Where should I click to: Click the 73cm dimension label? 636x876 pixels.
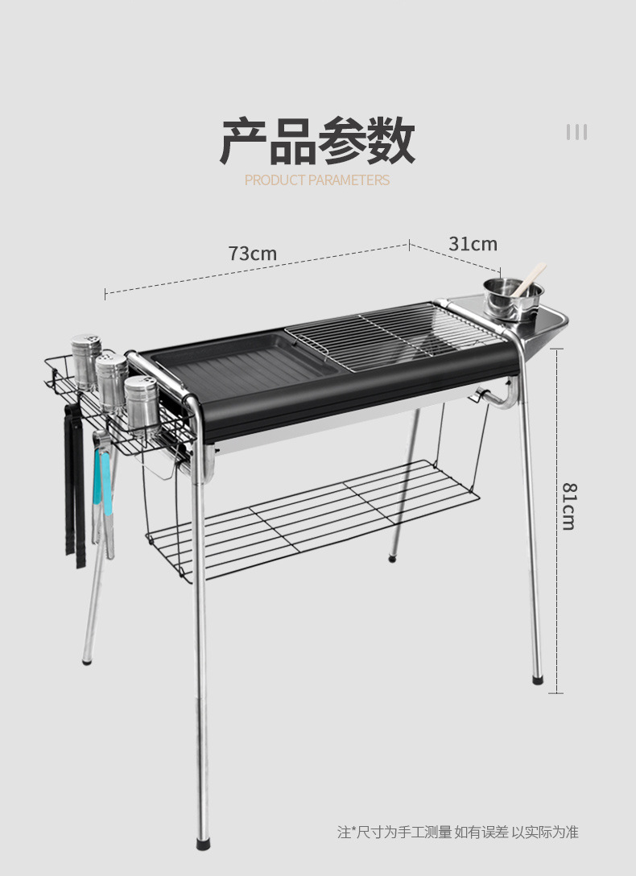point(253,254)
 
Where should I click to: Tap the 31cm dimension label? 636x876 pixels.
point(473,244)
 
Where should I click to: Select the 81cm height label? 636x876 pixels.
point(569,506)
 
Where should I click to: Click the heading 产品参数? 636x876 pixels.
point(317,140)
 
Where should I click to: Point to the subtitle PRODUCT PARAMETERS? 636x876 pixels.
point(317,180)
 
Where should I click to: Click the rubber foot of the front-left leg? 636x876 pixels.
point(204,843)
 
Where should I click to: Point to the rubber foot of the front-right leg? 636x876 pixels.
point(537,680)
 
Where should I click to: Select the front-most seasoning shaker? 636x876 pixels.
point(142,405)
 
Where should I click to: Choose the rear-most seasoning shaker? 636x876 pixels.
point(86,362)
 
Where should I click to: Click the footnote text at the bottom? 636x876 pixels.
point(458,832)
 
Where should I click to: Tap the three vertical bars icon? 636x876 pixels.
point(576,132)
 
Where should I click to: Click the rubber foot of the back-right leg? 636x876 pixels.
point(392,557)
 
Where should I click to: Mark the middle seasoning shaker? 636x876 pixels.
point(112,381)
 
